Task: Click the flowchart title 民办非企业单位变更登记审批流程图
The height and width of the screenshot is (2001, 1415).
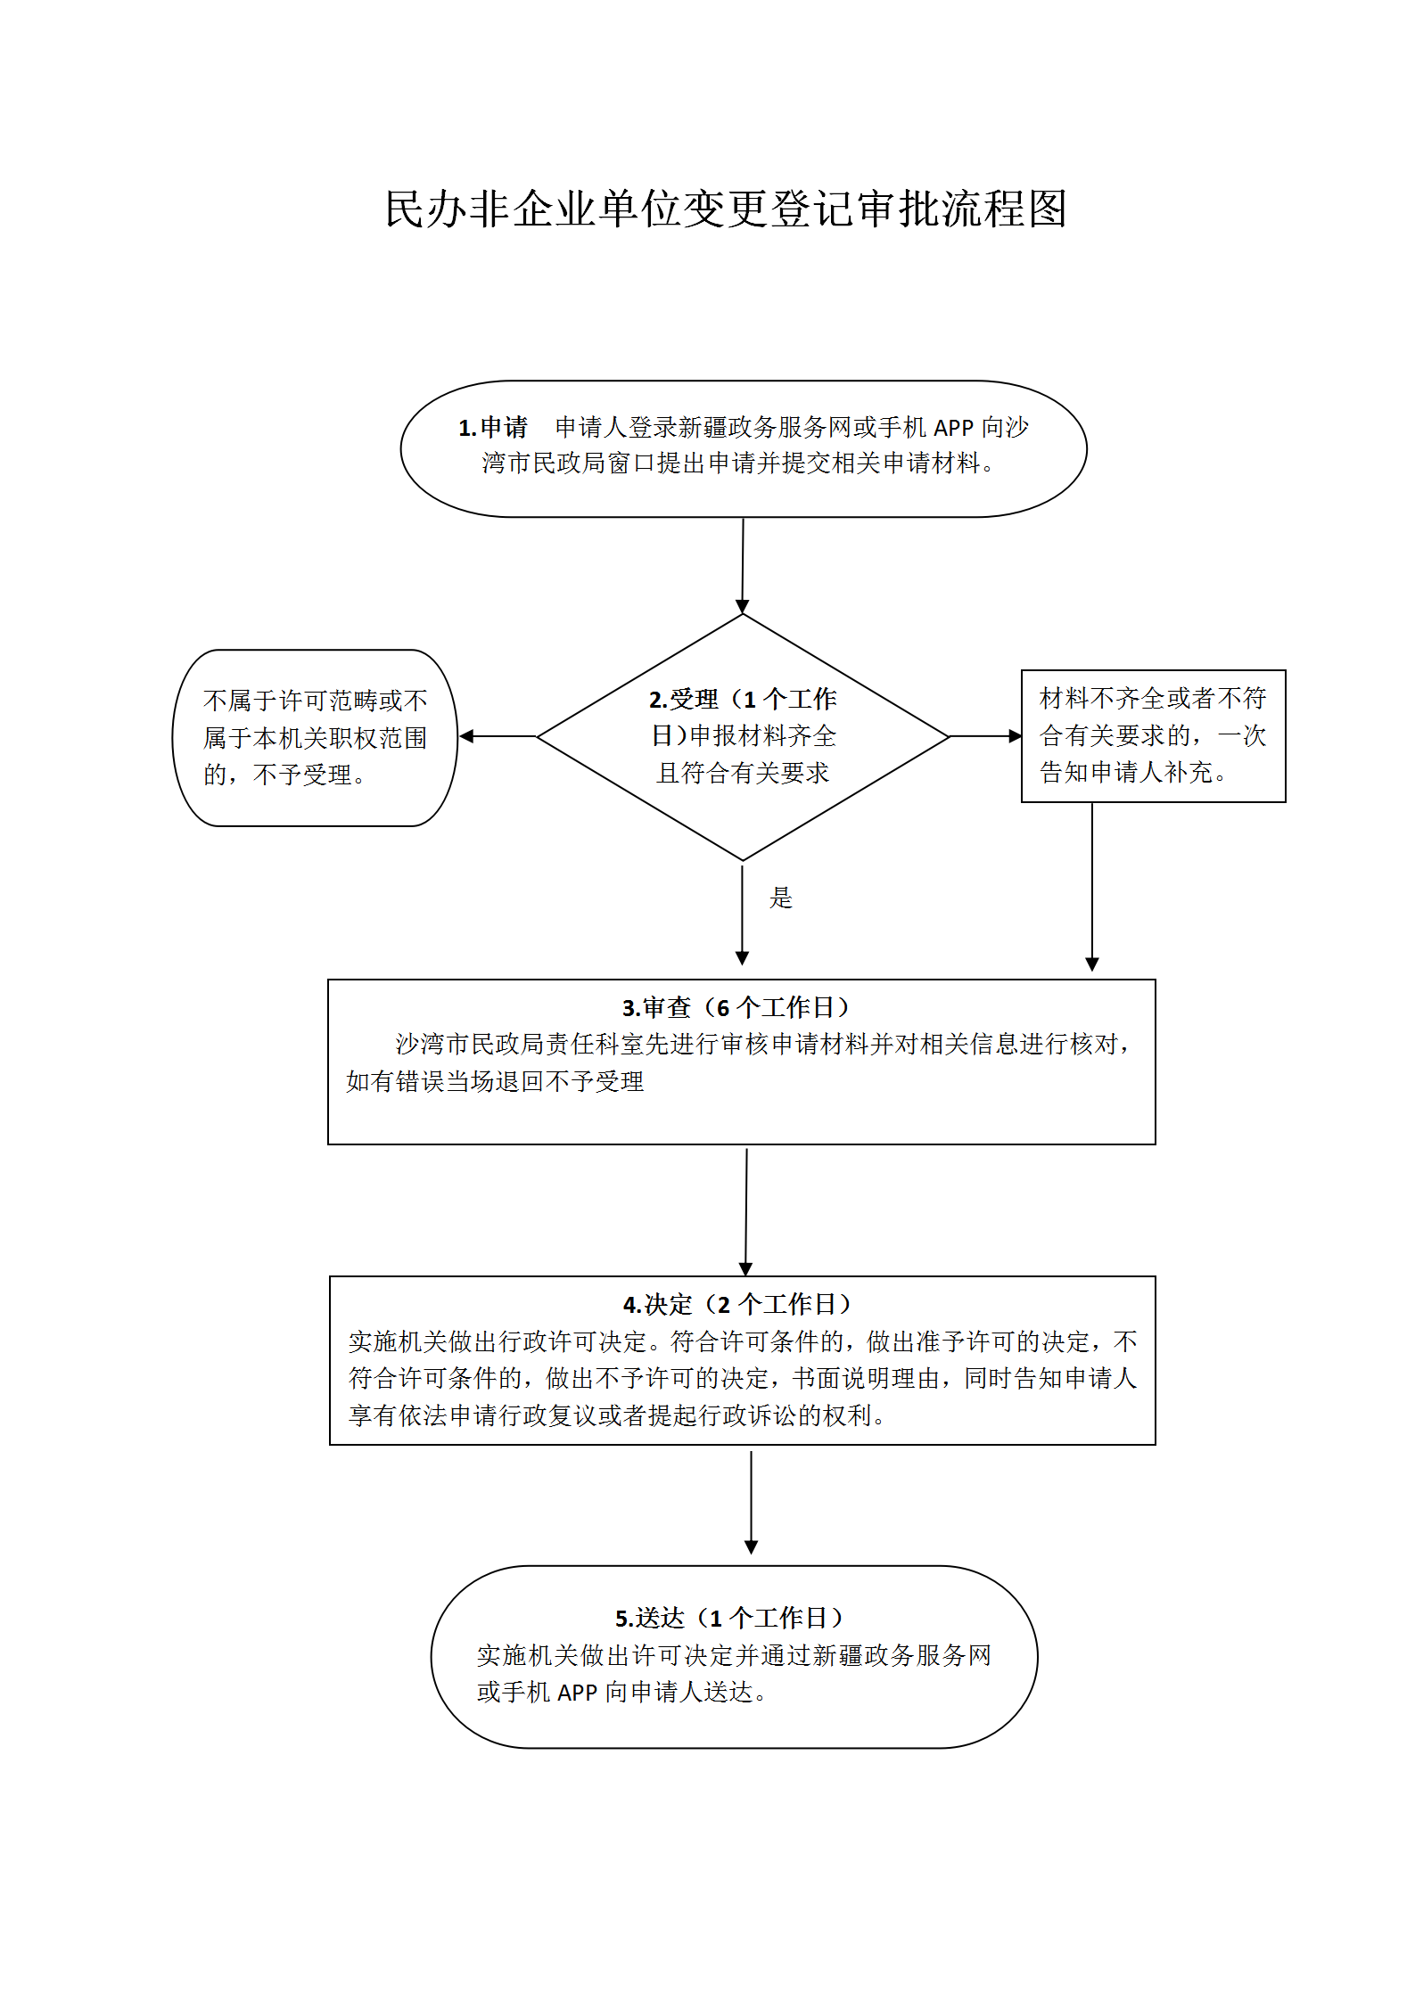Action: pos(726,209)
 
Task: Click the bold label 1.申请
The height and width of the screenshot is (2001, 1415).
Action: pos(493,428)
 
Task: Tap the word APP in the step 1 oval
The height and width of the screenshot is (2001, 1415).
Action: pos(953,428)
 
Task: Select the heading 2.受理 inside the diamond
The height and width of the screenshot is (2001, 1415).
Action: pos(684,700)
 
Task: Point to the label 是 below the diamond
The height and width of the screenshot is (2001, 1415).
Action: pos(781,898)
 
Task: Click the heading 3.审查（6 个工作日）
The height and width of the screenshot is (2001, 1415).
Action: pos(736,1008)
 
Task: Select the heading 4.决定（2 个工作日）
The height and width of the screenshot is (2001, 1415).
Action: pos(736,1305)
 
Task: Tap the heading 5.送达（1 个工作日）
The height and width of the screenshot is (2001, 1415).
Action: pos(728,1618)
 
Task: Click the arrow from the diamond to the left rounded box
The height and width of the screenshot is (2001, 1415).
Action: pos(498,736)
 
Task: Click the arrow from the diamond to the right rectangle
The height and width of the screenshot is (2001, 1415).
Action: pos(985,736)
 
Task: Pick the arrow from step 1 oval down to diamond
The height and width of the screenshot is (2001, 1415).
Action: pos(743,566)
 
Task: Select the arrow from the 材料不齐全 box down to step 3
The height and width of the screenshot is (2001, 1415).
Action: pos(1092,887)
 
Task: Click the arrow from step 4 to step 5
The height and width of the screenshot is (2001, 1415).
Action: pos(751,1503)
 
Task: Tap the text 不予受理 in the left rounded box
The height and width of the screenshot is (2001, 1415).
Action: pos(303,775)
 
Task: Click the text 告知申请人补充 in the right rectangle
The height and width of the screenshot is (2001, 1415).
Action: pos(1127,772)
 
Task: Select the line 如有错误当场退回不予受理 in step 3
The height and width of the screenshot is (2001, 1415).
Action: pos(495,1081)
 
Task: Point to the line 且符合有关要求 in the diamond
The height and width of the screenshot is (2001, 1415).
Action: pos(743,773)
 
